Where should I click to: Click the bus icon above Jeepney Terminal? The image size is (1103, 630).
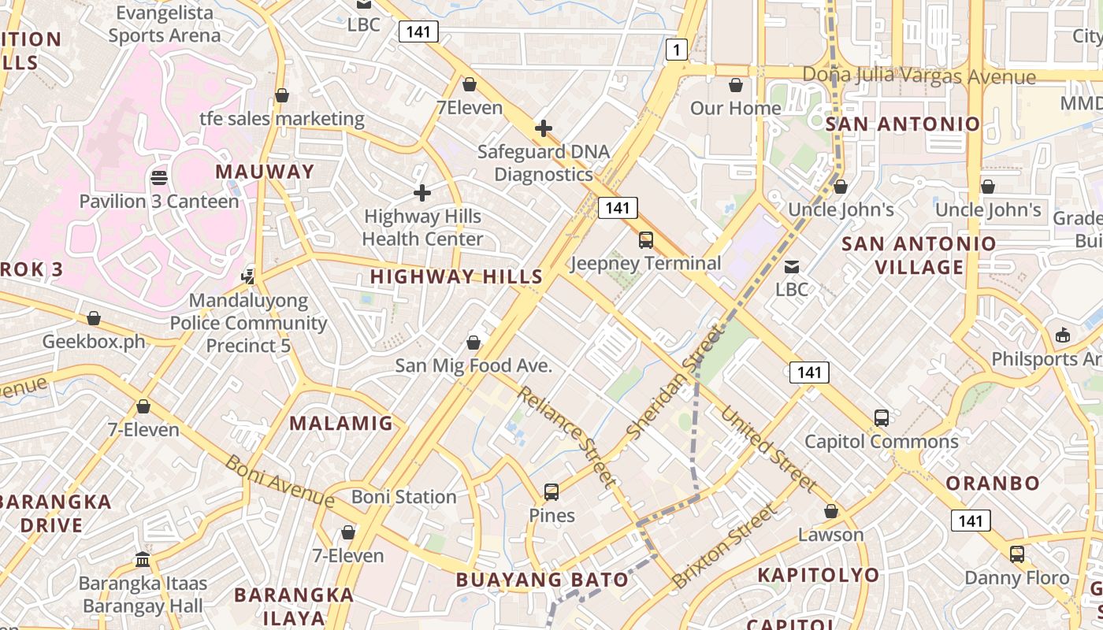tap(646, 239)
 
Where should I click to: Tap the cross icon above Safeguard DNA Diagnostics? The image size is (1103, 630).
tap(543, 128)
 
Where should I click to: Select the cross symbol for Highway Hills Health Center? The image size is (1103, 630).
tap(422, 192)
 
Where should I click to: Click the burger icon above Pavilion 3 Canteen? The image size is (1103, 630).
tap(159, 178)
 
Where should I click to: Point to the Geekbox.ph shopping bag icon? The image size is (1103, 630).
tap(94, 318)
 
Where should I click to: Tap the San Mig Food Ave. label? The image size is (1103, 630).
tap(474, 365)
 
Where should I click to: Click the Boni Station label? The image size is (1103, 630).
tap(403, 497)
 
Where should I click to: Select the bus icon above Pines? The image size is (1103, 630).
tap(551, 492)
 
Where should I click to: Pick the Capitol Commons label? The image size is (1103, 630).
tap(881, 441)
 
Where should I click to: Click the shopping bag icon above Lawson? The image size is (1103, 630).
tap(831, 511)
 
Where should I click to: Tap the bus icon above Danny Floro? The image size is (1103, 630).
tap(1017, 554)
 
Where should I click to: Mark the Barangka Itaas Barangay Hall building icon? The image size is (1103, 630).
tap(143, 560)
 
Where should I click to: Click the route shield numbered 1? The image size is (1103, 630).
tap(676, 50)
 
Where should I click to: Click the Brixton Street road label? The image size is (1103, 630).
tap(723, 547)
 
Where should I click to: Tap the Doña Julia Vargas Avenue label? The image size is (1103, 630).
tap(919, 76)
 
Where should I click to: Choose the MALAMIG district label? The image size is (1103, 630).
tap(341, 423)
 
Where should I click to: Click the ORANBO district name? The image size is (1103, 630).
tap(993, 483)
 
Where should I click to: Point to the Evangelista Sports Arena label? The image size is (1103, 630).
tap(165, 24)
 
